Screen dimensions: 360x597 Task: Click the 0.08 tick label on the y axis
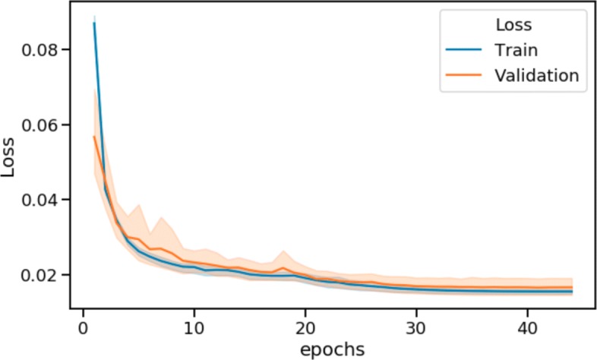pyautogui.click(x=46, y=50)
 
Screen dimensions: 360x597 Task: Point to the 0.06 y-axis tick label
pyautogui.click(x=46, y=125)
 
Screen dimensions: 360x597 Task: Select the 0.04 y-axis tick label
pyautogui.click(x=46, y=200)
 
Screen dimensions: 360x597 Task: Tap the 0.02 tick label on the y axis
pyautogui.click(x=46, y=275)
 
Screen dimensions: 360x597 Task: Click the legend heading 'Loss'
pyautogui.click(x=513, y=25)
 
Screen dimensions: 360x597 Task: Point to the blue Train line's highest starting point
pyautogui.click(x=94, y=23)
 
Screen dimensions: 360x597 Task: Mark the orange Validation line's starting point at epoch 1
pyautogui.click(x=94, y=137)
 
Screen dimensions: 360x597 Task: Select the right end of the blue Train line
pyautogui.click(x=572, y=292)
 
